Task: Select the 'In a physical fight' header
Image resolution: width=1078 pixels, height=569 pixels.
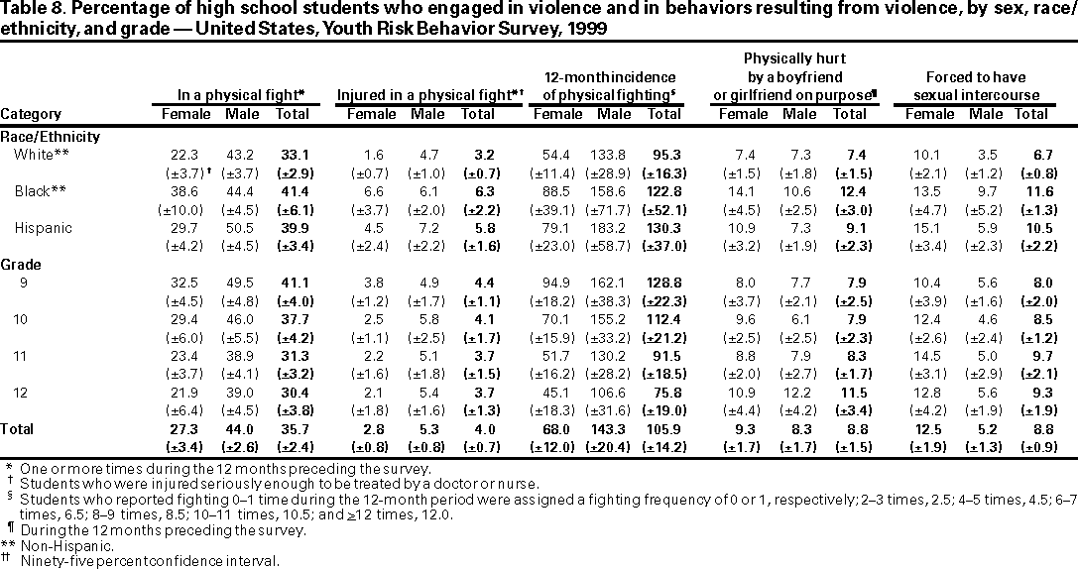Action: (x=240, y=95)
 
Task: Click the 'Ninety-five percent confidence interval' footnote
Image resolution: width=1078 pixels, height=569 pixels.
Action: (x=149, y=560)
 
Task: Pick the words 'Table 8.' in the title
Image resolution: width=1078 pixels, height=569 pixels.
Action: (x=32, y=11)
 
